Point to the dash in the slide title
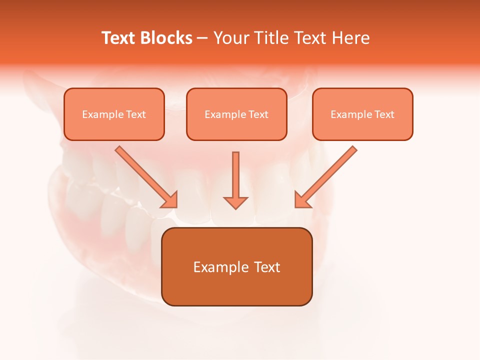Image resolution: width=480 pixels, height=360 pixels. (202, 38)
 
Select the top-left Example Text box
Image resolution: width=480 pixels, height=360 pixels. (114, 114)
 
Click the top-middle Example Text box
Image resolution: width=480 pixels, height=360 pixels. (236, 114)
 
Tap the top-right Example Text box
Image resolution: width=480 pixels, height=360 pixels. (362, 114)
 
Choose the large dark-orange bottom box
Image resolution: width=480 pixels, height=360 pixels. (236, 266)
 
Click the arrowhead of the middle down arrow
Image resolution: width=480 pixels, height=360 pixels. (235, 202)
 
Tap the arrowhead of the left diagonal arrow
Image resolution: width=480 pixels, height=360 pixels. (170, 200)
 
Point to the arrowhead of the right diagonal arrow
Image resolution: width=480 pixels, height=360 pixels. (302, 200)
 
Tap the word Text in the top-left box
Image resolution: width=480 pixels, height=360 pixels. (136, 114)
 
